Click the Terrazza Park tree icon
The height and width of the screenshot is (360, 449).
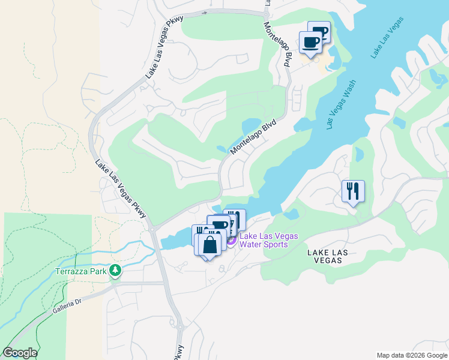pyautogui.click(x=115, y=272)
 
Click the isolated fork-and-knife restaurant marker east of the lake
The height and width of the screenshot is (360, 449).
pyautogui.click(x=353, y=191)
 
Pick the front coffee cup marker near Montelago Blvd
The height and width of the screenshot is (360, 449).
pyautogui.click(x=310, y=43)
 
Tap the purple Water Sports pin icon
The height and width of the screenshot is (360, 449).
pyautogui.click(x=231, y=241)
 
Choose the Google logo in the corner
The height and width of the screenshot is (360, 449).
pyautogui.click(x=20, y=353)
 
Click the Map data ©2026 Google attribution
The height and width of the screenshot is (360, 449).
pyautogui.click(x=412, y=355)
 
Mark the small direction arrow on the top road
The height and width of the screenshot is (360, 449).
pyautogui.click(x=205, y=12)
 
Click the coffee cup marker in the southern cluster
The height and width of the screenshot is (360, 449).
pyautogui.click(x=220, y=226)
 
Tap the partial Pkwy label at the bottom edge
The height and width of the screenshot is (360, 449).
pyautogui.click(x=179, y=353)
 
